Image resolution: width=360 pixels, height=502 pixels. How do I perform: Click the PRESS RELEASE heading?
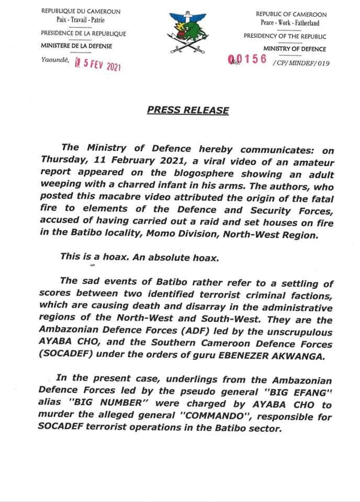pos(188,110)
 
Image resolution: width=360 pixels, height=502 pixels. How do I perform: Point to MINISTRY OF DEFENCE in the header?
pos(295,49)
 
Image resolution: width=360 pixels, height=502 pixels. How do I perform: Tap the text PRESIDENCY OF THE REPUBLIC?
pos(285,36)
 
